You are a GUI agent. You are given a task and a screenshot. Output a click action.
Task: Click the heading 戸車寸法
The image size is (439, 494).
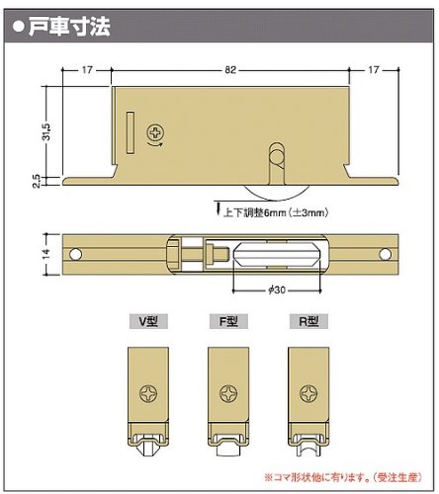(x=69, y=27)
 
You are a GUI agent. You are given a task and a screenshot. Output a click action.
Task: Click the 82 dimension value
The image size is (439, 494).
(x=230, y=70)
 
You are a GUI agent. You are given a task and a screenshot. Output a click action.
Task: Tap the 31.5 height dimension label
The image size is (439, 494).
(x=46, y=131)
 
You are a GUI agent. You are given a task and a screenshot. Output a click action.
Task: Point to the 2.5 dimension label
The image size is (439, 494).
(x=37, y=181)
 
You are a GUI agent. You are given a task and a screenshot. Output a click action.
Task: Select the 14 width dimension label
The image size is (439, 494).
(x=46, y=254)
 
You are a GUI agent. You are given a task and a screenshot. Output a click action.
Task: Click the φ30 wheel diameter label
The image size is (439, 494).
(x=277, y=289)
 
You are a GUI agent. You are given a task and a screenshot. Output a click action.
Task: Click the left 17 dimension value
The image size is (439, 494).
(x=87, y=70)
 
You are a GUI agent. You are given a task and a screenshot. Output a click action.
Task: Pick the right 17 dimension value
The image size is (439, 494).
(x=374, y=70)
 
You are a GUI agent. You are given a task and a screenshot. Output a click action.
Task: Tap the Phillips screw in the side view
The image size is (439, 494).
(x=155, y=133)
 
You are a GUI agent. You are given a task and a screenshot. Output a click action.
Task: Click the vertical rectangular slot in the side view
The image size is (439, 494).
(x=131, y=133)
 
